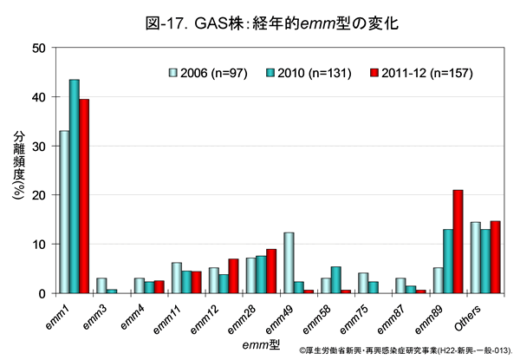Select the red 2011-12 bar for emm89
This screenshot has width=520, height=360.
tap(458, 241)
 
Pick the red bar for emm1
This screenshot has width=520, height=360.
tap(84, 196)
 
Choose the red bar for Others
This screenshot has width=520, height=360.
tap(496, 257)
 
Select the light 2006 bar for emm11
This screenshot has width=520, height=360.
tap(177, 278)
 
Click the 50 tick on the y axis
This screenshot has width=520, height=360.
tap(40, 48)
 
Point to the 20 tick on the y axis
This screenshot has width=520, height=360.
tap(40, 195)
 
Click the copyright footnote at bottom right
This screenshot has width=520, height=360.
tap(407, 351)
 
